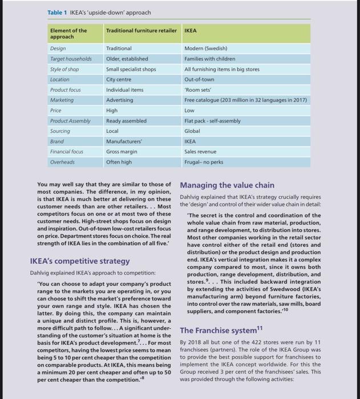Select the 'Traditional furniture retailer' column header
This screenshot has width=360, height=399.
[x=142, y=30]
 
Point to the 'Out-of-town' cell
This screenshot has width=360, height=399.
[x=199, y=79]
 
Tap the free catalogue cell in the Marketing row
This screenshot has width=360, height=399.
[x=246, y=100]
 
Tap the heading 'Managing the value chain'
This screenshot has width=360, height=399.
[x=227, y=185]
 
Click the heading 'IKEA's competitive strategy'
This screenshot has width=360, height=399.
[x=79, y=261]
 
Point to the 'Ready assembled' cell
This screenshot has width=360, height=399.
[x=126, y=120]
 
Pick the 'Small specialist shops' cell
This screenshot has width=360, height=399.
[x=131, y=69]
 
